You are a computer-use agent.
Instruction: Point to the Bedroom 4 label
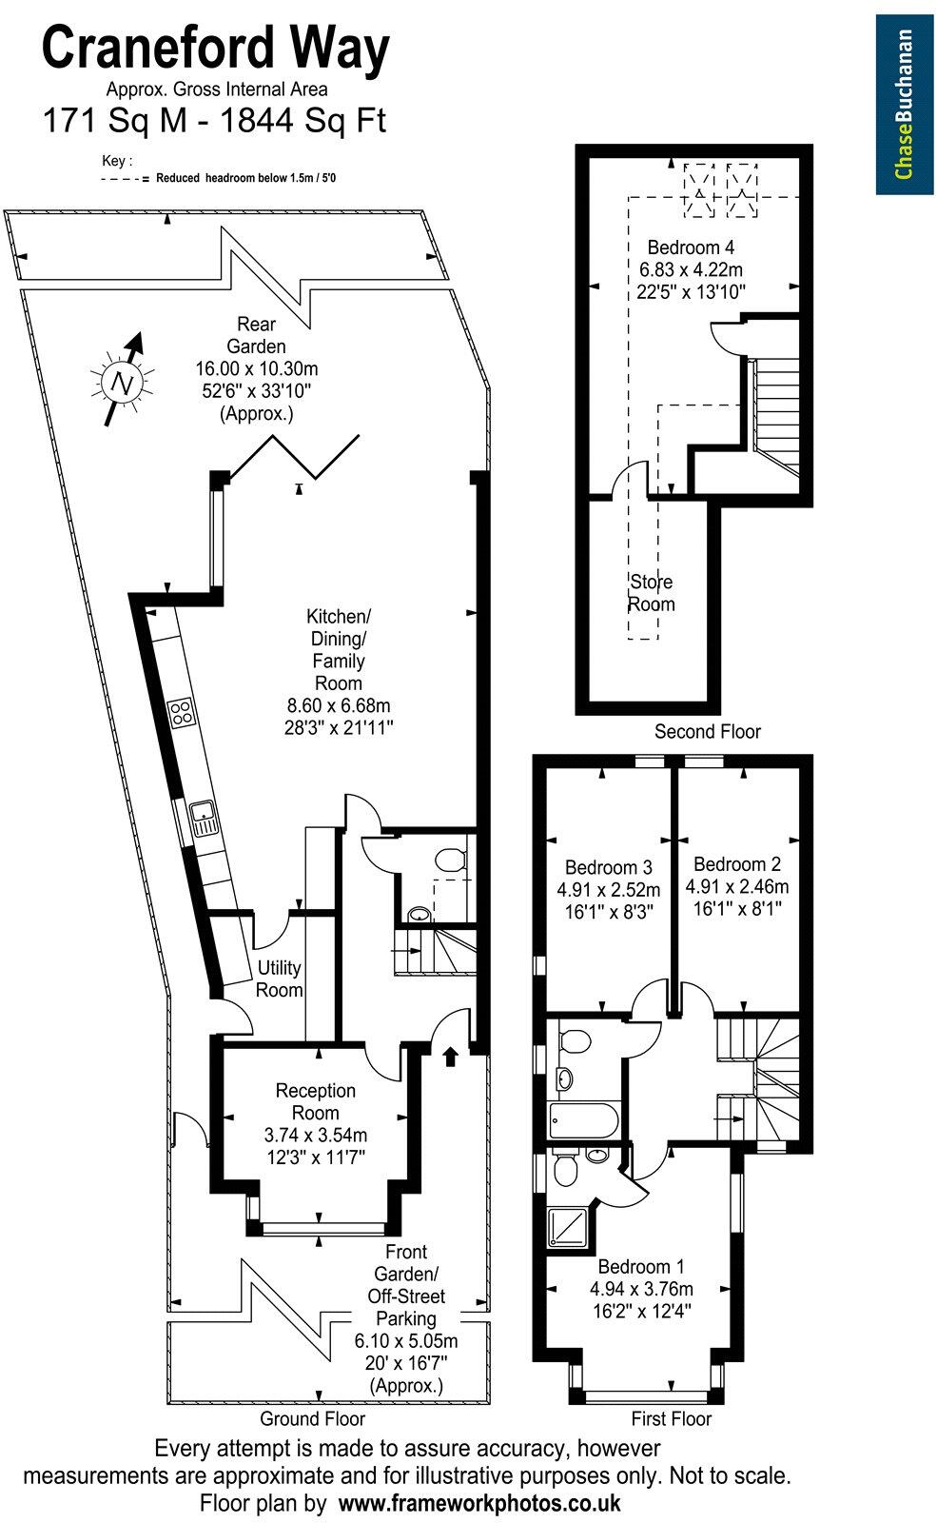point(691,248)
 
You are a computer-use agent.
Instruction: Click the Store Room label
point(651,592)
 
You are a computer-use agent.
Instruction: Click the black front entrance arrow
point(451,1056)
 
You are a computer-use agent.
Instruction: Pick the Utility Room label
point(280,979)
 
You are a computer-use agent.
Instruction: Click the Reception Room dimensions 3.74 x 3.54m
point(316,1135)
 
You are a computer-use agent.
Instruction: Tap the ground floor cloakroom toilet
point(449,860)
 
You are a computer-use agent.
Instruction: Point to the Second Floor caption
point(707,731)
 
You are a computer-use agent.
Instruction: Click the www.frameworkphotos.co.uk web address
point(479,1503)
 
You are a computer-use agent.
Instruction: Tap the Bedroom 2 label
point(737,864)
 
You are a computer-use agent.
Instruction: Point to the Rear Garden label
point(261,335)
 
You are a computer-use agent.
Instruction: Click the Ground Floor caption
point(312,1418)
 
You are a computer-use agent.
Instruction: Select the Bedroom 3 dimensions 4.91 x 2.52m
point(608,890)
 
